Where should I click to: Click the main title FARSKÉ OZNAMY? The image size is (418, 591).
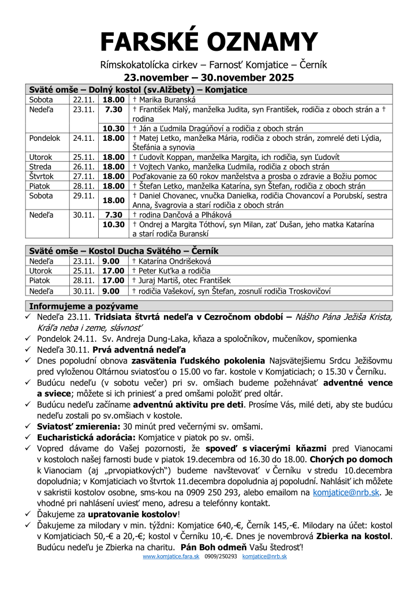(x=209, y=41)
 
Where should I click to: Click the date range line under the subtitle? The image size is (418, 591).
(x=209, y=77)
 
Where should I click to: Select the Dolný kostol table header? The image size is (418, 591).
(x=139, y=89)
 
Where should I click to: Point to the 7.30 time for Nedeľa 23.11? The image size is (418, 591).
(x=114, y=109)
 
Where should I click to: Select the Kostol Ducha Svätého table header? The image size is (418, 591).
(x=124, y=251)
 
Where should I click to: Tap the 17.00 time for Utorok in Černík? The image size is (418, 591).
(x=114, y=270)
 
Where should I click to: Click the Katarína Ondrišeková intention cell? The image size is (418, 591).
(x=173, y=261)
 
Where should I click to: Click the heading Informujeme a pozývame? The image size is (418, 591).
(x=84, y=306)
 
